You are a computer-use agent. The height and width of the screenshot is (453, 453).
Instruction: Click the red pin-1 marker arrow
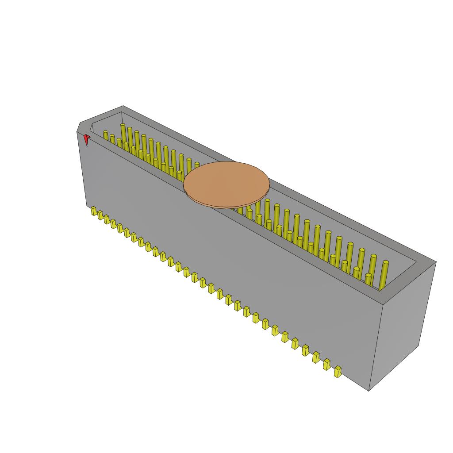point(87,140)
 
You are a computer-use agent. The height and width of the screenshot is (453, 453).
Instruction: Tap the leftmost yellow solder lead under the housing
point(94,211)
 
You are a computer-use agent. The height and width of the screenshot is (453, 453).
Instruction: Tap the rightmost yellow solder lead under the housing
point(338,372)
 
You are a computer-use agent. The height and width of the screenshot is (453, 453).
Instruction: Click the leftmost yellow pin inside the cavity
point(106,135)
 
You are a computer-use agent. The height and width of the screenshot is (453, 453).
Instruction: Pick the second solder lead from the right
point(327,364)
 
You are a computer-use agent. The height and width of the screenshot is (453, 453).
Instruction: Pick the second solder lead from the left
point(100,215)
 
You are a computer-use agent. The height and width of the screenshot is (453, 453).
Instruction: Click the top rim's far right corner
point(436,262)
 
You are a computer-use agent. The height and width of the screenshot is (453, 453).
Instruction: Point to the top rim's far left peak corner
point(123,106)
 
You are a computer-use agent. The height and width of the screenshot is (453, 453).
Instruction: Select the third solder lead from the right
point(316,357)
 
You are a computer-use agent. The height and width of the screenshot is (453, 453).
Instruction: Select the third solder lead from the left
point(107,219)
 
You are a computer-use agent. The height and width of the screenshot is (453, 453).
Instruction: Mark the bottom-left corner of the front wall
point(87,206)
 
